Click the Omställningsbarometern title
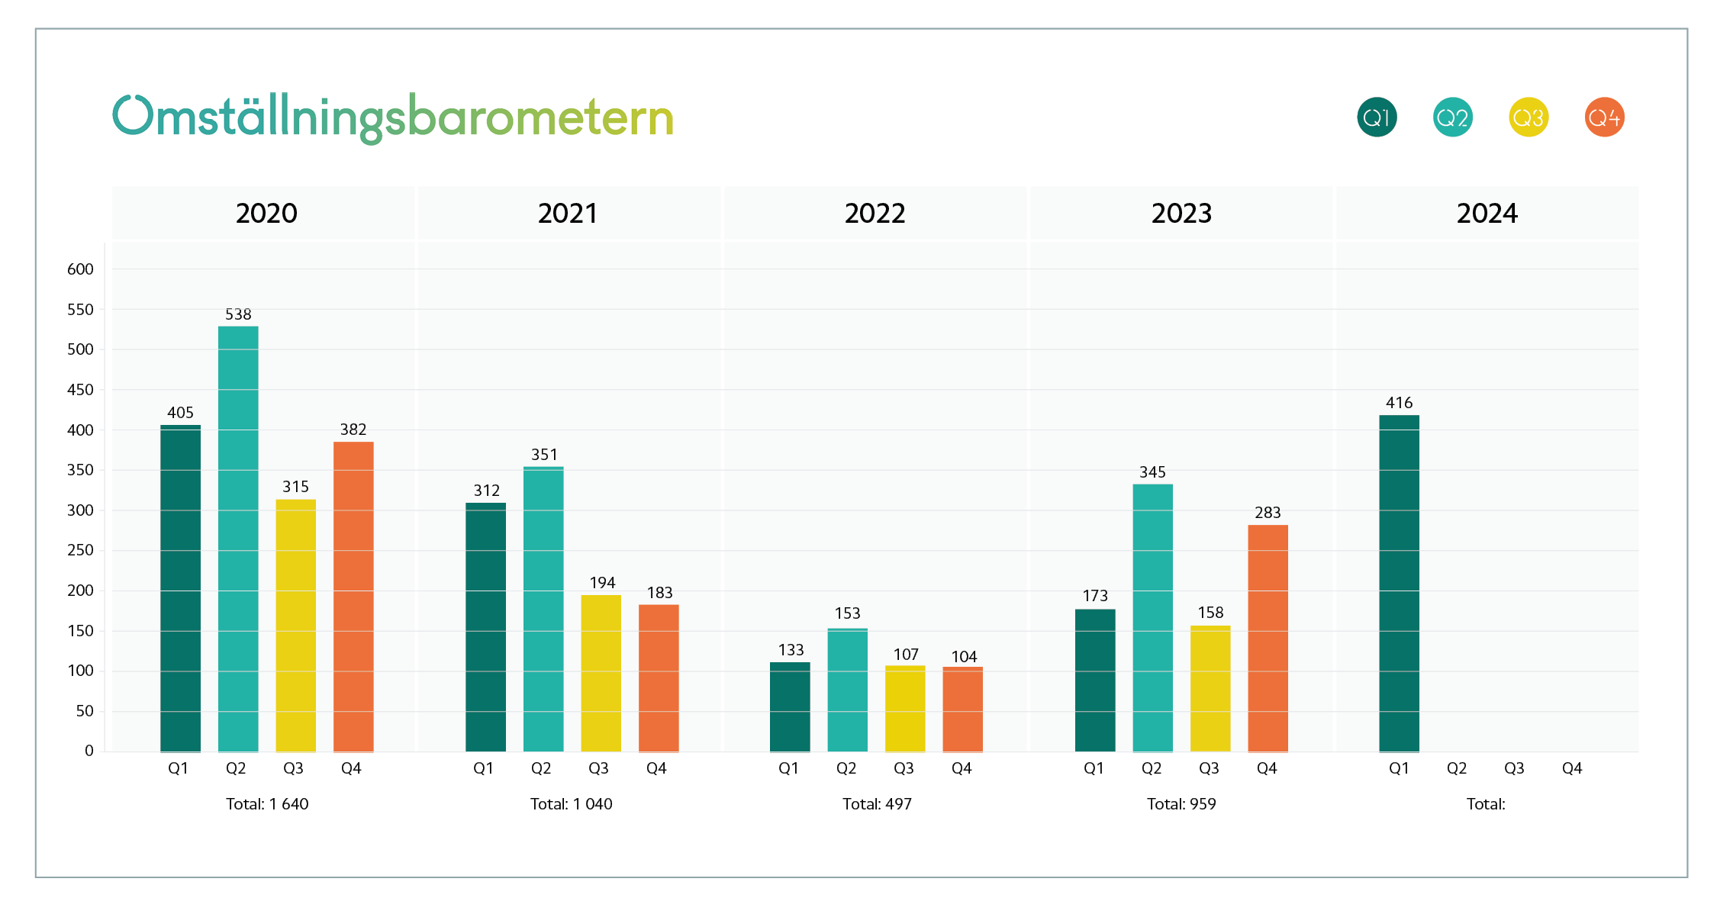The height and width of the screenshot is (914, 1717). pos(393,118)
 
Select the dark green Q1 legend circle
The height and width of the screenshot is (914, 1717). pos(1377,117)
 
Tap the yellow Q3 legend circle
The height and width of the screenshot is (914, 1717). pos(1529,117)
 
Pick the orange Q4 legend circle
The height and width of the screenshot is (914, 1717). pos(1604,117)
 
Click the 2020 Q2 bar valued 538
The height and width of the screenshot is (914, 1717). pos(238,539)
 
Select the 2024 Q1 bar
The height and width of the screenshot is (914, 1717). pos(1399,583)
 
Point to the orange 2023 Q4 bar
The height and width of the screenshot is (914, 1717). pos(1268,638)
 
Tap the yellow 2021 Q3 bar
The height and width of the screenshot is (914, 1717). pos(601,673)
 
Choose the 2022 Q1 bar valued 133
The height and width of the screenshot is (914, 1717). pos(790,706)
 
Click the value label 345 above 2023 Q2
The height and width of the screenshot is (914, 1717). pos(1152,472)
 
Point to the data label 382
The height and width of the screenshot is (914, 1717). pos(353,430)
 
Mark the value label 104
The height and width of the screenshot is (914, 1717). pos(964,657)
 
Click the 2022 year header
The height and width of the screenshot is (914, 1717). pos(875,214)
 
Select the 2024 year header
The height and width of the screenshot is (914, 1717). pos(1487,214)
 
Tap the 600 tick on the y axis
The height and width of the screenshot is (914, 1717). pos(80,269)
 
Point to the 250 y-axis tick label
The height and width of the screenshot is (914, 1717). pos(80,550)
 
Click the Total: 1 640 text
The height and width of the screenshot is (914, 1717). pos(267,804)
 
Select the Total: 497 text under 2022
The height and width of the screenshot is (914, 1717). pos(877,804)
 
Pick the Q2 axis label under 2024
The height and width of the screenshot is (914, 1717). pos(1456,769)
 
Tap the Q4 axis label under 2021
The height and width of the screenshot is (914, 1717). pos(656,769)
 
